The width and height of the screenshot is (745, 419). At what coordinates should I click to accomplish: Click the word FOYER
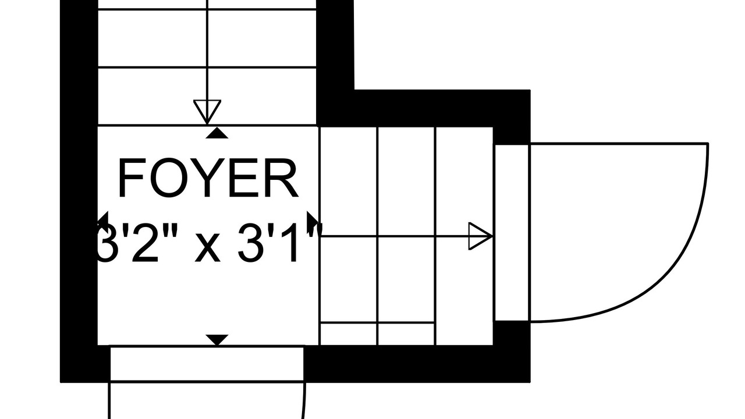point(208,179)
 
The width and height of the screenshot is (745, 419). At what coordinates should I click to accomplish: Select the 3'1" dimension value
point(278,243)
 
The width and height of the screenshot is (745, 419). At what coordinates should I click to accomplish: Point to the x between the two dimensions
point(207,247)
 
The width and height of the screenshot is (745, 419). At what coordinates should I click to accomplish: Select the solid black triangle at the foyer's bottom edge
point(217,339)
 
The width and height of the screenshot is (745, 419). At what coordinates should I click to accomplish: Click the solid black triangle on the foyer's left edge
point(103,221)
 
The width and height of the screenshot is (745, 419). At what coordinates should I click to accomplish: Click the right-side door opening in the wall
point(512,233)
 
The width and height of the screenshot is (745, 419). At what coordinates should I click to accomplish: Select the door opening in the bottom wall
point(207,364)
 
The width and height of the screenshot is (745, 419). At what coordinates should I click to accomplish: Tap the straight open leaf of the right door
point(617,143)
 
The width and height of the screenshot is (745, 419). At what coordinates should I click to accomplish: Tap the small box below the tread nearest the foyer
point(349,333)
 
